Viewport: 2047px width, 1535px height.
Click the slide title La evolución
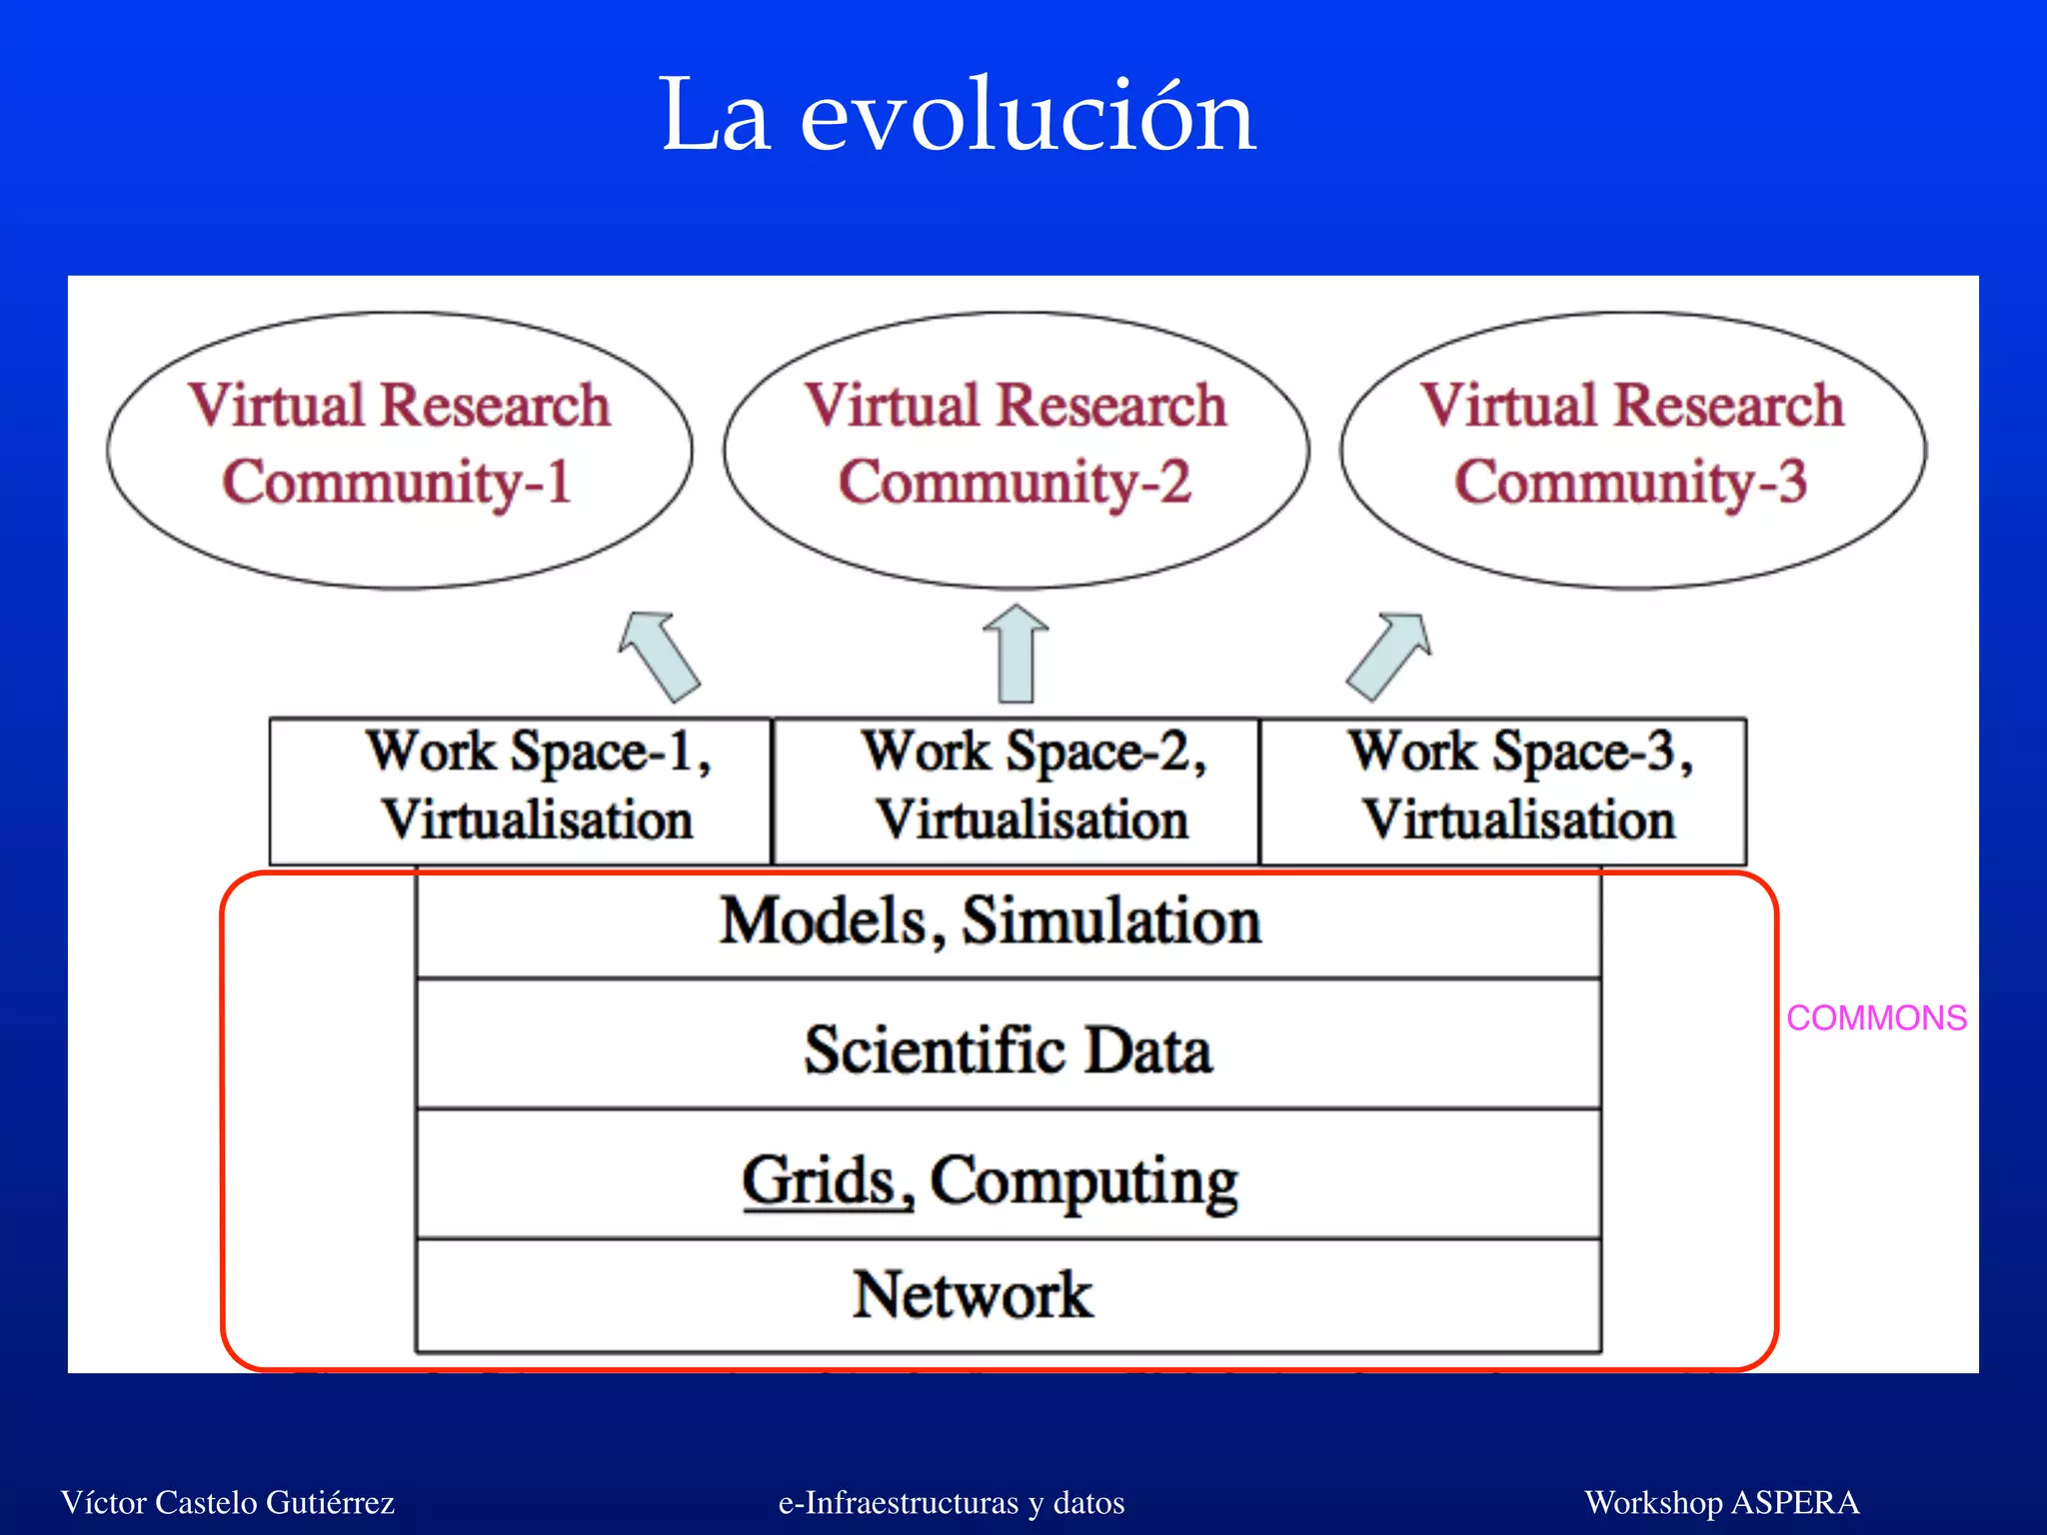[x=958, y=117]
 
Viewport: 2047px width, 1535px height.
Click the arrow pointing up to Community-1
[x=660, y=656]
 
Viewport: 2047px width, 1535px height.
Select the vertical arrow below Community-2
[x=1017, y=656]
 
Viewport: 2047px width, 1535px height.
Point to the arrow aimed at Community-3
[x=1389, y=656]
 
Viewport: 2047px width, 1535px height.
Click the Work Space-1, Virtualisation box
[x=521, y=789]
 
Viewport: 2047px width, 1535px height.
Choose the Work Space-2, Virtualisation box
[x=1017, y=789]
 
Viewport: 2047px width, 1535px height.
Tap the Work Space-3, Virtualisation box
[x=1503, y=789]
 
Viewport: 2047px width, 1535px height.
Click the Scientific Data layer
[x=1008, y=1049]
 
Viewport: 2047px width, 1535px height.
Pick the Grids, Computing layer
[x=1008, y=1179]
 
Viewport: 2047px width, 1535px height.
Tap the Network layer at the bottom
[x=1008, y=1295]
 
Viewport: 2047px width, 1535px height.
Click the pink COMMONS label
[x=1876, y=1018]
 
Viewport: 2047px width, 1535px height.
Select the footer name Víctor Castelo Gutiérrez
[x=228, y=1502]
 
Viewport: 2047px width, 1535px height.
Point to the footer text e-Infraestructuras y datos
[x=952, y=1502]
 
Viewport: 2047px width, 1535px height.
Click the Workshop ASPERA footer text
[x=1721, y=1502]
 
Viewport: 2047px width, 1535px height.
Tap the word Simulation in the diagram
[x=1110, y=921]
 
